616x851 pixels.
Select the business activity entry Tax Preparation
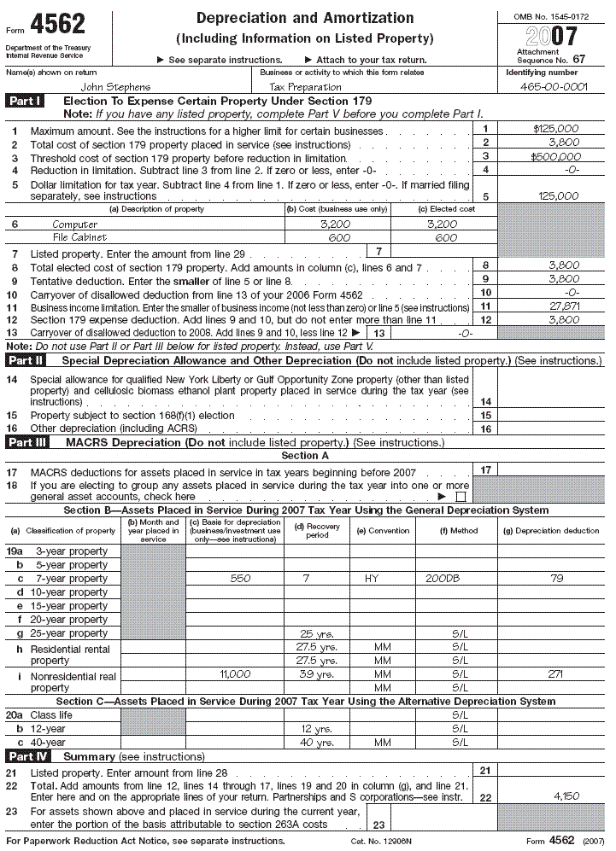pyautogui.click(x=305, y=87)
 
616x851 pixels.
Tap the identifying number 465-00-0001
pyautogui.click(x=553, y=87)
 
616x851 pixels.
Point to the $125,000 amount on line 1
pyautogui.click(x=555, y=129)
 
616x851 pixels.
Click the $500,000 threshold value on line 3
pyautogui.click(x=555, y=156)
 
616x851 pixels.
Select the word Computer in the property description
pyautogui.click(x=75, y=224)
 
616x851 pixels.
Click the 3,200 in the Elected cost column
pyautogui.click(x=440, y=224)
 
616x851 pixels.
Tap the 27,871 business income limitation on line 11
pyautogui.click(x=563, y=306)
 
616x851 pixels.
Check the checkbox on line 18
pyautogui.click(x=461, y=496)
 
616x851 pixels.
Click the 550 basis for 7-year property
pyautogui.click(x=241, y=579)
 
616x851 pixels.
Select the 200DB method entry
pyautogui.click(x=442, y=579)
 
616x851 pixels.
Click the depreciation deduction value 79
pyautogui.click(x=555, y=579)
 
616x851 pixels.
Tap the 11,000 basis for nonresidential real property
pyautogui.click(x=235, y=673)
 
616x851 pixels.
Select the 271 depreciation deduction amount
pyautogui.click(x=555, y=673)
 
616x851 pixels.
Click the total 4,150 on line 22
pyautogui.click(x=563, y=796)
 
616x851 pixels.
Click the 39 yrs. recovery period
pyautogui.click(x=316, y=673)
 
